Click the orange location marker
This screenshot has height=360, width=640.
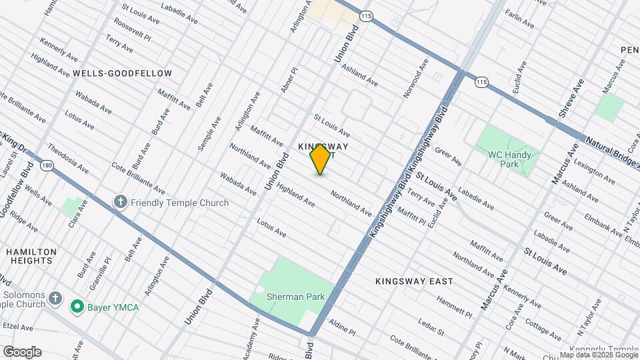point(320,159)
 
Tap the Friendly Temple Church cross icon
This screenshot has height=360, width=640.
point(120,202)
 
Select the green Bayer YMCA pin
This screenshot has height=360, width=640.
point(77,307)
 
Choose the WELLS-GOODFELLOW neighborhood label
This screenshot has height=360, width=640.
point(123,73)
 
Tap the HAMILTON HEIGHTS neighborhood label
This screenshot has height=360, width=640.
point(31,257)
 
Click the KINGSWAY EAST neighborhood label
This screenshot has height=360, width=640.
point(414,281)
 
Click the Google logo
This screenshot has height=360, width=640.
point(22,351)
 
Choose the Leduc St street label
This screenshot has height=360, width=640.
point(431,326)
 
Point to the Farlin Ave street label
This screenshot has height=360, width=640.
point(519,19)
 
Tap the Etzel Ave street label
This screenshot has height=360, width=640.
point(17,327)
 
